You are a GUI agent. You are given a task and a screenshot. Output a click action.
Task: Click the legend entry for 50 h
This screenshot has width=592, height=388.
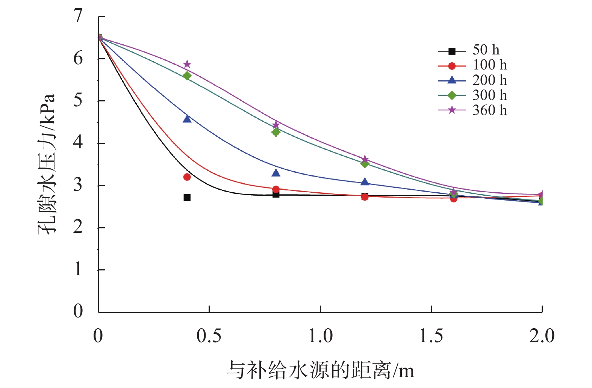click(x=486, y=50)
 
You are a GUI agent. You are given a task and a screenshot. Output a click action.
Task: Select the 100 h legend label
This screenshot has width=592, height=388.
click(x=489, y=65)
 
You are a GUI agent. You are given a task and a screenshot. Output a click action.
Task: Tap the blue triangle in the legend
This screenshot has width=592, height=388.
click(x=452, y=80)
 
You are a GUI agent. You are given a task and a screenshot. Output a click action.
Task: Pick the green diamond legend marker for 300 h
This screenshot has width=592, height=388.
click(x=452, y=95)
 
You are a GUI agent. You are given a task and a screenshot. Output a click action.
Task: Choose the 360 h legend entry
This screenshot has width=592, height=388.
click(x=489, y=110)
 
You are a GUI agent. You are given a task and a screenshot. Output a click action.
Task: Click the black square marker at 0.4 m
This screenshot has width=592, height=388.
click(x=187, y=197)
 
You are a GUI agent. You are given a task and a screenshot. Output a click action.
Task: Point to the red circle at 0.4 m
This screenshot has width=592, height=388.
click(x=187, y=177)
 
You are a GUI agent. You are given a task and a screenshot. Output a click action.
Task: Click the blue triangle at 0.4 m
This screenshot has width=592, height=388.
click(x=187, y=119)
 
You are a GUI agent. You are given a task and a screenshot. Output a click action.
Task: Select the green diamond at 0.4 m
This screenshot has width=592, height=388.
click(x=187, y=76)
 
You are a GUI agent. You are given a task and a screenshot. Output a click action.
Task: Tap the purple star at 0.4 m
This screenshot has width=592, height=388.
click(x=187, y=64)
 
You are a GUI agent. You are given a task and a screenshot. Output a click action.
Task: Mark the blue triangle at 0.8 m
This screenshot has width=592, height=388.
click(x=276, y=173)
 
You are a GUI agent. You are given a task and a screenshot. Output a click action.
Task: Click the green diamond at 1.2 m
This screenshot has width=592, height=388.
click(x=365, y=163)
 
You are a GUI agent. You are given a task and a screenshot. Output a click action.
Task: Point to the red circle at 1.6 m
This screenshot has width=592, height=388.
click(x=454, y=199)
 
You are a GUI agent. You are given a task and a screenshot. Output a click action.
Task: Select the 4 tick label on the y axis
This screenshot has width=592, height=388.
click(x=78, y=143)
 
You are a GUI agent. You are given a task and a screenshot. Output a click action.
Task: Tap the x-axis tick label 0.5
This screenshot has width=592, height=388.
click(x=209, y=336)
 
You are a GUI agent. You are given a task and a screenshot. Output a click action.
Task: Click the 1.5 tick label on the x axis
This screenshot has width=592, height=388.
click(x=431, y=336)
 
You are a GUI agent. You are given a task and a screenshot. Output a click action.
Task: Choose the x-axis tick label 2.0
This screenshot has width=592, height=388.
click(x=542, y=336)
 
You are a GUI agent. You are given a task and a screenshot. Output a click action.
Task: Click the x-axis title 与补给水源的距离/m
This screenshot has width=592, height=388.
click(x=320, y=371)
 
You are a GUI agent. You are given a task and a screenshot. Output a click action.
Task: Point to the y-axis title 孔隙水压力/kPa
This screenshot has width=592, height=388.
click(x=47, y=164)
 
